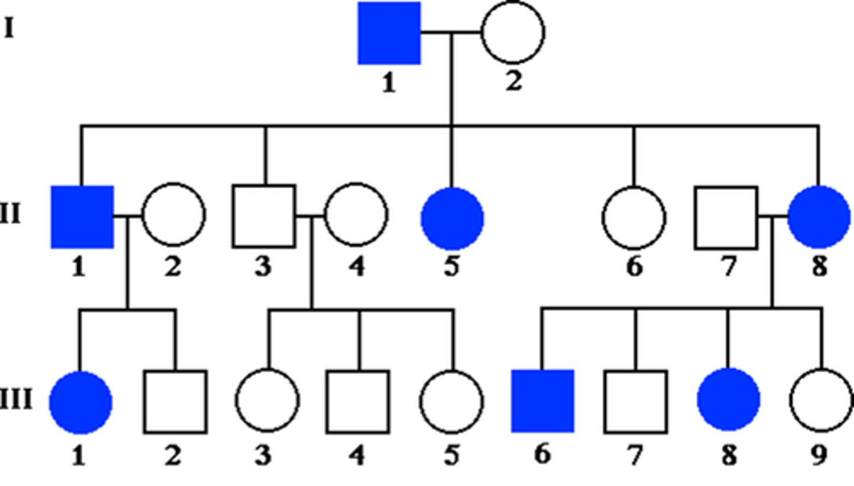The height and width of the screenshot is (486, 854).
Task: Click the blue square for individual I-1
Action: tap(389, 33)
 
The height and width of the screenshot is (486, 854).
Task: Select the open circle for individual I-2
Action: tap(513, 33)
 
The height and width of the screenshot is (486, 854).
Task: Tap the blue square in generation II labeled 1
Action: tap(82, 216)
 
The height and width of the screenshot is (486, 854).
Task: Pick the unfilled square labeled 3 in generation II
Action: tap(264, 216)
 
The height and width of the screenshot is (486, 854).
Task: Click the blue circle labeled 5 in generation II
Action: tap(452, 218)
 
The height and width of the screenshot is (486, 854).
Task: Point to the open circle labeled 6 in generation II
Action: tap(634, 218)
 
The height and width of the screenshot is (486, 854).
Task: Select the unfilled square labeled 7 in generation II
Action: tap(726, 218)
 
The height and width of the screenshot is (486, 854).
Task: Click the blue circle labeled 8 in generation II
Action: tap(819, 217)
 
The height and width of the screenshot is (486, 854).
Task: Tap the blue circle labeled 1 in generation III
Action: tap(80, 402)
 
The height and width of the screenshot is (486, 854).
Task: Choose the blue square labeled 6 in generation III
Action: tap(543, 401)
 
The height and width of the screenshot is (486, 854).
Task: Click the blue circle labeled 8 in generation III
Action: tap(728, 400)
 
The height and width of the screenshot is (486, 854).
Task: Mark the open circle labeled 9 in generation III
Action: tap(821, 401)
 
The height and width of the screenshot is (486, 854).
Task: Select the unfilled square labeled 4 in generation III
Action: tap(358, 401)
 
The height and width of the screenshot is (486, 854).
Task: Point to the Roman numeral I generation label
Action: tap(9, 28)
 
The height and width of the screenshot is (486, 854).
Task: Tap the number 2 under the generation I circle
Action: tap(514, 81)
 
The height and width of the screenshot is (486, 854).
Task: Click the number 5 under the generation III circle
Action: tap(451, 455)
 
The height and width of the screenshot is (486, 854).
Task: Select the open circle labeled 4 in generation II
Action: tap(356, 215)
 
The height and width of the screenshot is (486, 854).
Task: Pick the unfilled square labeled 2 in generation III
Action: tap(175, 402)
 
